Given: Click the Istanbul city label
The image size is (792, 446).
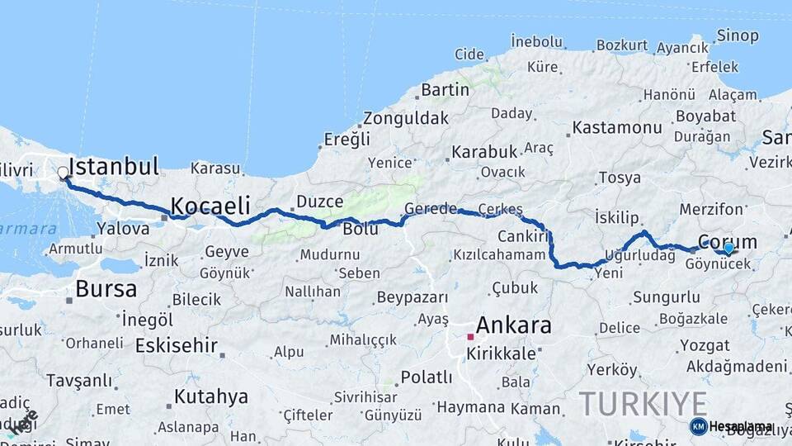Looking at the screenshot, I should [115, 167].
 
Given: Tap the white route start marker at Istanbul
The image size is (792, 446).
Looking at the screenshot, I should [64, 173].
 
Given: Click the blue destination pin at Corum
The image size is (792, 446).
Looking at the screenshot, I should [728, 248].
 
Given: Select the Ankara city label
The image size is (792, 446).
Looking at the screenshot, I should [513, 325].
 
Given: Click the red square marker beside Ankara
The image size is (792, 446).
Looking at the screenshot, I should [470, 337].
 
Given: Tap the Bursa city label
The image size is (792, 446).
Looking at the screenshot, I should [106, 289].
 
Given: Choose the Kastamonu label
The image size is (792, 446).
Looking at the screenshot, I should [617, 127].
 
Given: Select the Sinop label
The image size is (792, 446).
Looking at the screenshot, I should [738, 35].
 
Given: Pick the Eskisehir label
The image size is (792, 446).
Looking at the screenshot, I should [177, 344].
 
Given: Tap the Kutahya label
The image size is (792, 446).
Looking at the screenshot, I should [210, 396].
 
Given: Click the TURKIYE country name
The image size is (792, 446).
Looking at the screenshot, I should [643, 404].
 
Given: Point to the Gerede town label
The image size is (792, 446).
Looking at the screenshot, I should [430, 209].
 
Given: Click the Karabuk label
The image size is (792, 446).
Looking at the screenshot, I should [484, 152].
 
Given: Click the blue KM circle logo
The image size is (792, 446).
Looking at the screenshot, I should [698, 426].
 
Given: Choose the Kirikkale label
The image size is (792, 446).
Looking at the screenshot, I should [501, 353].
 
